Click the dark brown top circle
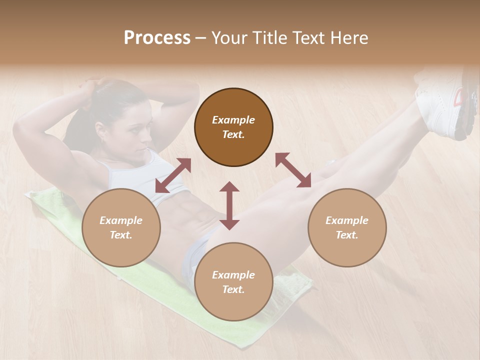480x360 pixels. [x=233, y=127]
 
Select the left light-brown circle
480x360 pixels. [x=121, y=227]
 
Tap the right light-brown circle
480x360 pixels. [x=347, y=227]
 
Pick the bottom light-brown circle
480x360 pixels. [x=233, y=282]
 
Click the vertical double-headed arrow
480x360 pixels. [x=229, y=205]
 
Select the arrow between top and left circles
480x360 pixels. [x=173, y=175]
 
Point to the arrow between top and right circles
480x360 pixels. [x=293, y=170]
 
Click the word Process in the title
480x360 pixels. [x=157, y=38]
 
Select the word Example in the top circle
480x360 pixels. [x=233, y=120]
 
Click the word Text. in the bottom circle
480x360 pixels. [x=233, y=289]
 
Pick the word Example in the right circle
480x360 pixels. [x=347, y=220]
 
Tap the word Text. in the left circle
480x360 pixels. [x=121, y=235]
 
